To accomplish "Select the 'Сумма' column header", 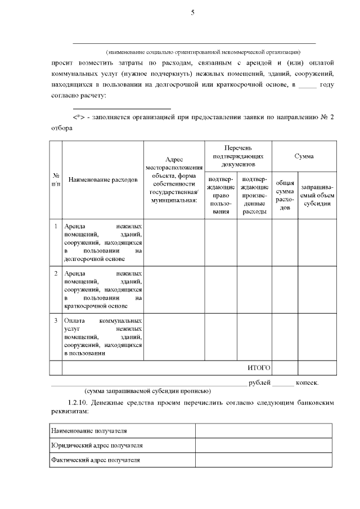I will coord(304,156).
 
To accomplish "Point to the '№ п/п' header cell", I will coord(56,180).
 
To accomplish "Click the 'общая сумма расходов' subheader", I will coord(285,195).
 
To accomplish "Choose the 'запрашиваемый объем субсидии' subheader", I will coord(317,195).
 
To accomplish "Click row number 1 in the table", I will coord(56,226).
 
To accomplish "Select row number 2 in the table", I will coord(56,273).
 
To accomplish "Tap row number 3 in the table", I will coord(56,321).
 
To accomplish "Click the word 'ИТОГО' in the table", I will coord(259,368).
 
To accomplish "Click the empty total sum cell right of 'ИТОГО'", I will coord(285,368).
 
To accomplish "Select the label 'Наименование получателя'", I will coord(88,431).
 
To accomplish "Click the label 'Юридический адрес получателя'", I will coord(96,445).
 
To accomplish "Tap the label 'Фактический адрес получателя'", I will coord(95,460).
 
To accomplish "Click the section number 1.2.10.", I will coord(79,403).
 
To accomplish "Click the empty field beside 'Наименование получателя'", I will coord(263,431).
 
